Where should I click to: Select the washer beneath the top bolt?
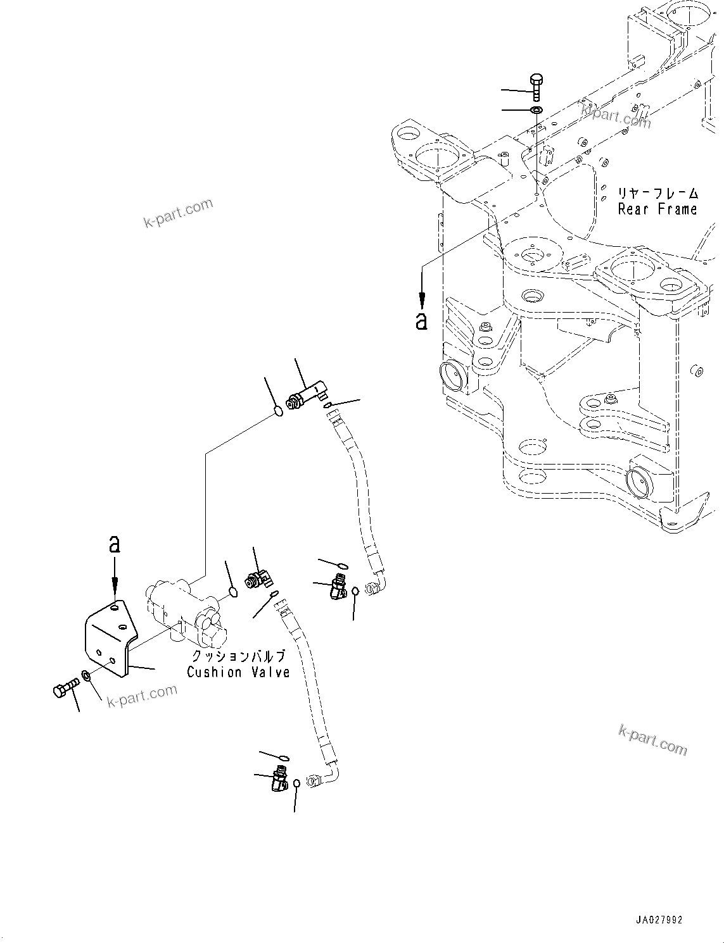pyautogui.click(x=536, y=111)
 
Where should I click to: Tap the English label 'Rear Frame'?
pyautogui.click(x=657, y=209)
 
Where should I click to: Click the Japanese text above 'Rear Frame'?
pyautogui.click(x=657, y=193)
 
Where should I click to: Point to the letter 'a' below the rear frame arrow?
pyautogui.click(x=421, y=321)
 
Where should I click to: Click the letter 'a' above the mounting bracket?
pyautogui.click(x=114, y=544)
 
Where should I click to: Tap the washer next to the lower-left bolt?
pyautogui.click(x=87, y=678)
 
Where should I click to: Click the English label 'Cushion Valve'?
pyautogui.click(x=238, y=672)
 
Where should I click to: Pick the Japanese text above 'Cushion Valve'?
pyautogui.click(x=238, y=656)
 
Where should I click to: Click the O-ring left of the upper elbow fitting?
pyautogui.click(x=278, y=413)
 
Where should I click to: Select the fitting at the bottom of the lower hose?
pyautogui.click(x=279, y=778)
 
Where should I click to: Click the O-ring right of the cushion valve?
pyautogui.click(x=233, y=592)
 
